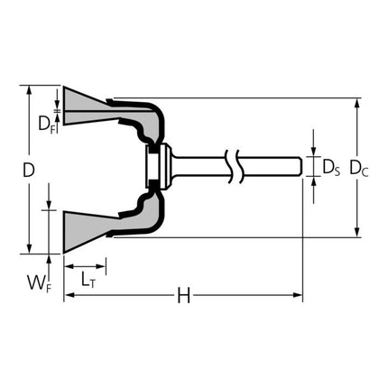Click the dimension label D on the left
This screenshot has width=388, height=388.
pos(30,169)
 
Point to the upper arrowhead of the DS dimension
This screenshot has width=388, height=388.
pos(314,152)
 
